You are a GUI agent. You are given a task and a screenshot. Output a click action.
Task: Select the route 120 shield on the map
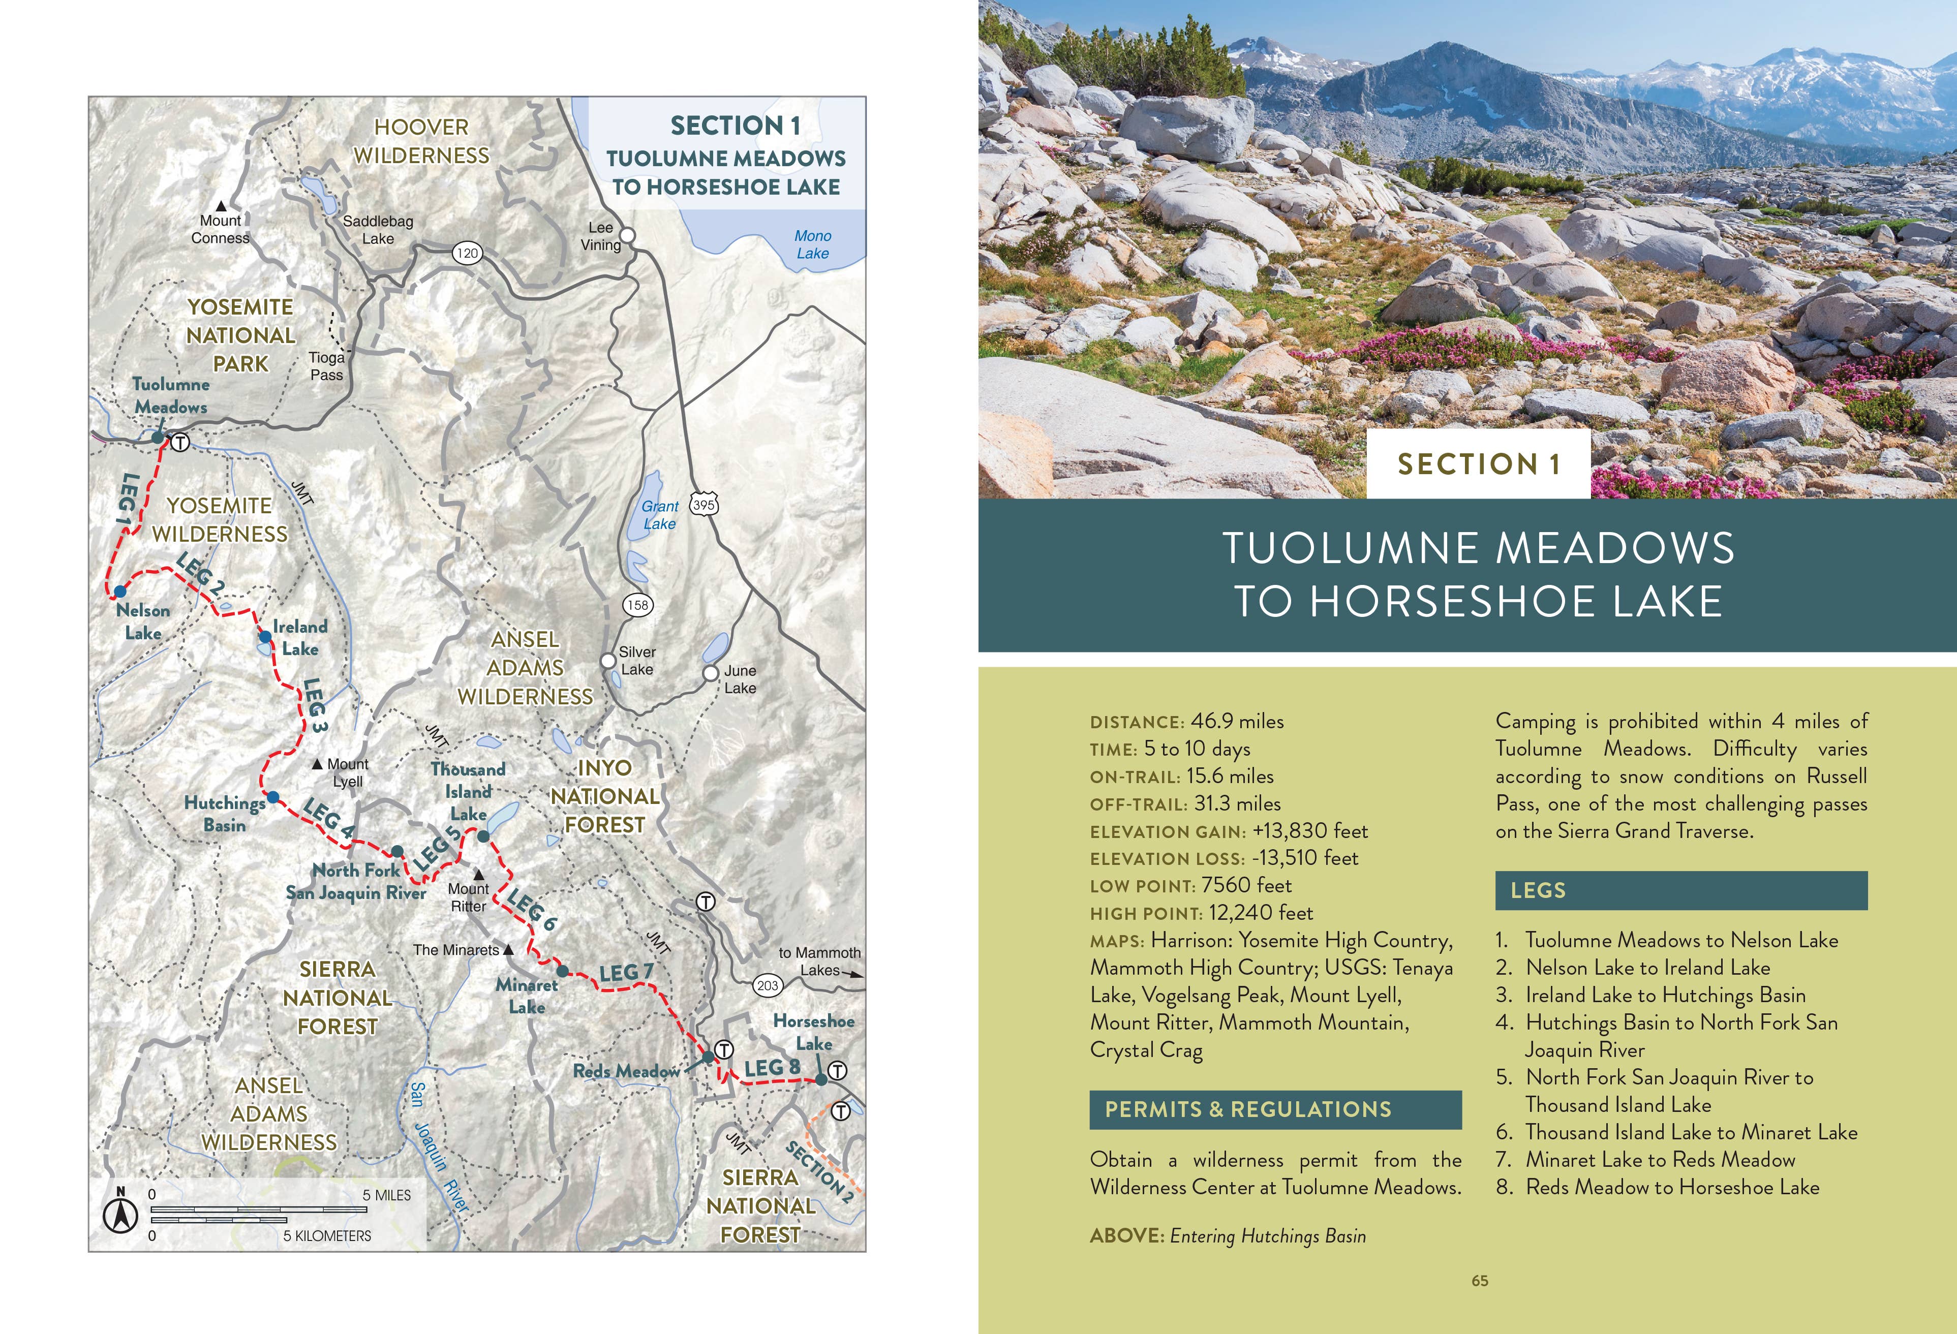coord(467,253)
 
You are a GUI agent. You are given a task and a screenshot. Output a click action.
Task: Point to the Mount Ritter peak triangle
coord(478,875)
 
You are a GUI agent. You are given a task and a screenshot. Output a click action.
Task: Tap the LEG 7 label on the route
coord(626,973)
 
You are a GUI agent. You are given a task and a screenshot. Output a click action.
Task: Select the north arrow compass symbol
coord(120,1215)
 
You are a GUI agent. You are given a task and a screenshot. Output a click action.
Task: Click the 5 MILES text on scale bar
coord(386,1195)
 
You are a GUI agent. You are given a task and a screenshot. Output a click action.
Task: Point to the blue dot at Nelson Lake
coord(120,592)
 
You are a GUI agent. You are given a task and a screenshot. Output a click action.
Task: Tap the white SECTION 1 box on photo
coord(1478,464)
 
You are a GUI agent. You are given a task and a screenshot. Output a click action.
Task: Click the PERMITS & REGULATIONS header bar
coord(1275,1109)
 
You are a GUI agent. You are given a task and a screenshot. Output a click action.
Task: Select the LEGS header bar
coord(1681,890)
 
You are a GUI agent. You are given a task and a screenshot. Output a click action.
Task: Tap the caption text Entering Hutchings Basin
coord(1267,1235)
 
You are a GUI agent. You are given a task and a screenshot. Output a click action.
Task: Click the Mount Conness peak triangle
coord(221,205)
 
